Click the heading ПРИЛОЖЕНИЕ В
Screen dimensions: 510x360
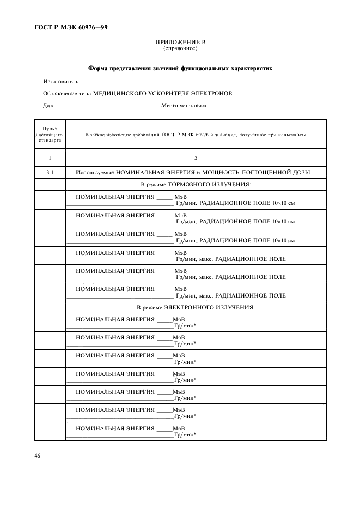(180, 42)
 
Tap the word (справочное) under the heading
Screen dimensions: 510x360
(180, 48)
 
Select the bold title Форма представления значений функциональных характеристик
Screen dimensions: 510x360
(180, 69)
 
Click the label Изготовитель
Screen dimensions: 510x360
(60, 82)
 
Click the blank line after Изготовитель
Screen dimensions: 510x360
(199, 83)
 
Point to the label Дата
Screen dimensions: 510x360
(49, 106)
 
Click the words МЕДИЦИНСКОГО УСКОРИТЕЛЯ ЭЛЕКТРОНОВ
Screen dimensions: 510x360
(162, 94)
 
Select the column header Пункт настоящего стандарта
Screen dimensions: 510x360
(50, 134)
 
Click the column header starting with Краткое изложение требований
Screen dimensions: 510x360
(196, 134)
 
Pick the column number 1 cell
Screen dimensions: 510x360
(50, 158)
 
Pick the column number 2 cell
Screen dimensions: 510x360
(196, 158)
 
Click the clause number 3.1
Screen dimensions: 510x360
(50, 172)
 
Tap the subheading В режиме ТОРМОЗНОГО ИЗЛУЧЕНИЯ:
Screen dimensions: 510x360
(196, 185)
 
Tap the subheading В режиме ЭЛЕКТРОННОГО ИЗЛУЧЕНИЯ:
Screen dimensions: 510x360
(196, 308)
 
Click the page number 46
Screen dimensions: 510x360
(38, 455)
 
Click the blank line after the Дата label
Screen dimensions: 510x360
(107, 107)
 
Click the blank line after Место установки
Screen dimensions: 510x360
(266, 107)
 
